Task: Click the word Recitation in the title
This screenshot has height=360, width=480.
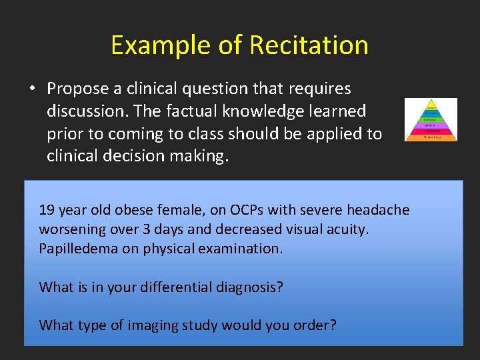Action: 309,45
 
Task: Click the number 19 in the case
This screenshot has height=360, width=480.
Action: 47,210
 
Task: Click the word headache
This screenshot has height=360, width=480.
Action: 378,210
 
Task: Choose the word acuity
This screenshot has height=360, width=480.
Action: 345,229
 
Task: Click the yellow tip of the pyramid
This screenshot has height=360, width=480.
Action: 431,105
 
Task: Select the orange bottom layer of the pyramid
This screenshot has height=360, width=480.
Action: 431,137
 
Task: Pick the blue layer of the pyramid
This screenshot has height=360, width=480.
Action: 431,125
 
